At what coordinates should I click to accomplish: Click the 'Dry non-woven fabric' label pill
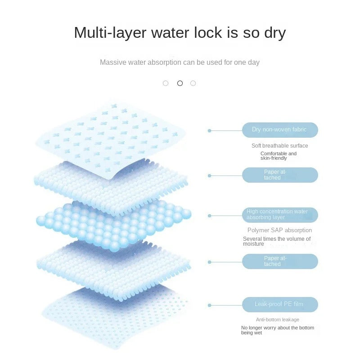click(x=280, y=130)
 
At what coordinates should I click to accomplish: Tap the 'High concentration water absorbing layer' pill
click(x=280, y=215)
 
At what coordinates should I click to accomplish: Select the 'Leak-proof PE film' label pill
click(x=280, y=304)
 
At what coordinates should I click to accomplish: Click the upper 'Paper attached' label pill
click(x=280, y=175)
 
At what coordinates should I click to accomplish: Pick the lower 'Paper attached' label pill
click(x=280, y=261)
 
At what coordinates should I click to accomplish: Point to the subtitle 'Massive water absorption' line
click(x=180, y=62)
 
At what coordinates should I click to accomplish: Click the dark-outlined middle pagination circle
click(x=180, y=83)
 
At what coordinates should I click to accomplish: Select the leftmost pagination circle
click(x=166, y=83)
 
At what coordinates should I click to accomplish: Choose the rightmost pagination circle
click(x=193, y=83)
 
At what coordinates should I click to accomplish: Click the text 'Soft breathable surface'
click(x=279, y=146)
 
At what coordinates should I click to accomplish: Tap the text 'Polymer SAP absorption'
click(x=279, y=230)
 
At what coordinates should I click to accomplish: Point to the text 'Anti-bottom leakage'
click(x=278, y=319)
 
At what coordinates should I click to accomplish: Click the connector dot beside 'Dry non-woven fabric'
click(x=209, y=130)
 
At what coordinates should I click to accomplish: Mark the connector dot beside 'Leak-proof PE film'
click(x=209, y=305)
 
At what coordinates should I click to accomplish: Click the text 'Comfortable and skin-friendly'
click(x=279, y=156)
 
